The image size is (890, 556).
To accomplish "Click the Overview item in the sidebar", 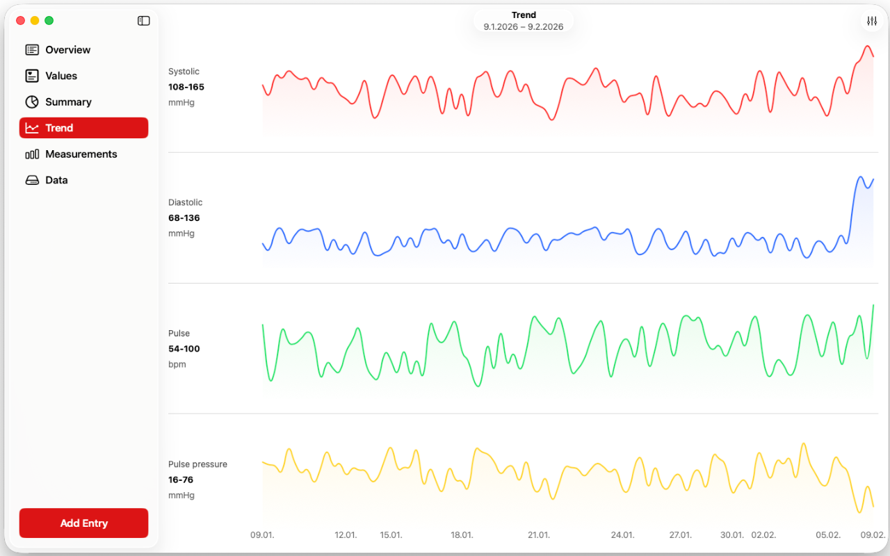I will (x=67, y=50).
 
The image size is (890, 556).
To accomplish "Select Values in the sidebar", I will (x=61, y=76).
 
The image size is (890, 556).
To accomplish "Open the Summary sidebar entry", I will (x=68, y=102).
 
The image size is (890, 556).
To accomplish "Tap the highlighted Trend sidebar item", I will (x=83, y=128).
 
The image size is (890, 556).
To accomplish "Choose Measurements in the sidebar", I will (x=81, y=154).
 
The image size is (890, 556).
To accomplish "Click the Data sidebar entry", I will (x=56, y=180).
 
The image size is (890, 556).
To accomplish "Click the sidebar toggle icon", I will (x=144, y=21).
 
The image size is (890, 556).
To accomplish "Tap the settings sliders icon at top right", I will (x=872, y=22).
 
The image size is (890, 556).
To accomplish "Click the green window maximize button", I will (x=49, y=21).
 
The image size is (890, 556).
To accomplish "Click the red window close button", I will (x=20, y=21).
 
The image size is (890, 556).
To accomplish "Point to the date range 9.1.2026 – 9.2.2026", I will (x=524, y=27).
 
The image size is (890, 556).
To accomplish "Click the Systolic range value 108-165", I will (x=186, y=87).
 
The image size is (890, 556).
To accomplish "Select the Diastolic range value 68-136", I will (x=184, y=218).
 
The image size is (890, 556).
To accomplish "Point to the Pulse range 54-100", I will (x=184, y=349).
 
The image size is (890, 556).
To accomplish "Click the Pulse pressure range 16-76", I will (x=181, y=480).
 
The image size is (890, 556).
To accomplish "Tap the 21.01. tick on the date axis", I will (x=539, y=535).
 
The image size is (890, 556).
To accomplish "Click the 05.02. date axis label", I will (x=828, y=535).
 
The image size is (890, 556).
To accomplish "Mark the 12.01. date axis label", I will (x=346, y=535).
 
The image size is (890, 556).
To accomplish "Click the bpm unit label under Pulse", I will (x=177, y=364).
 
